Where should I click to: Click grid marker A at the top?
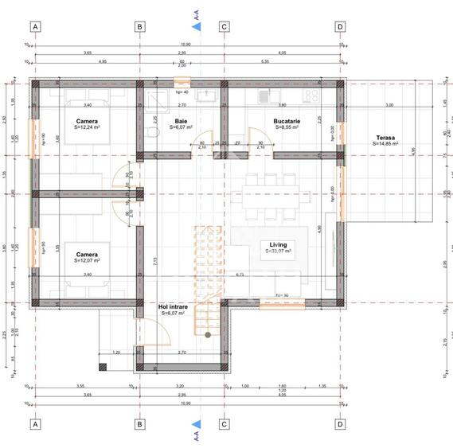click(x=35, y=26)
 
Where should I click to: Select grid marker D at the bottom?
click(x=340, y=424)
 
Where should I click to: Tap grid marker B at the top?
click(x=140, y=26)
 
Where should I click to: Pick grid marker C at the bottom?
click(x=225, y=424)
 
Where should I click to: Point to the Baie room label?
click(x=181, y=121)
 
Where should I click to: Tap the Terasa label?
click(x=387, y=138)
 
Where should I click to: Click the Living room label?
click(x=278, y=244)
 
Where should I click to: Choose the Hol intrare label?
click(x=173, y=306)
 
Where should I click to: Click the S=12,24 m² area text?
click(x=84, y=127)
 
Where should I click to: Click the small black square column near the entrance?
click(x=103, y=367)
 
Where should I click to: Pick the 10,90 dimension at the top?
click(x=186, y=45)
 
